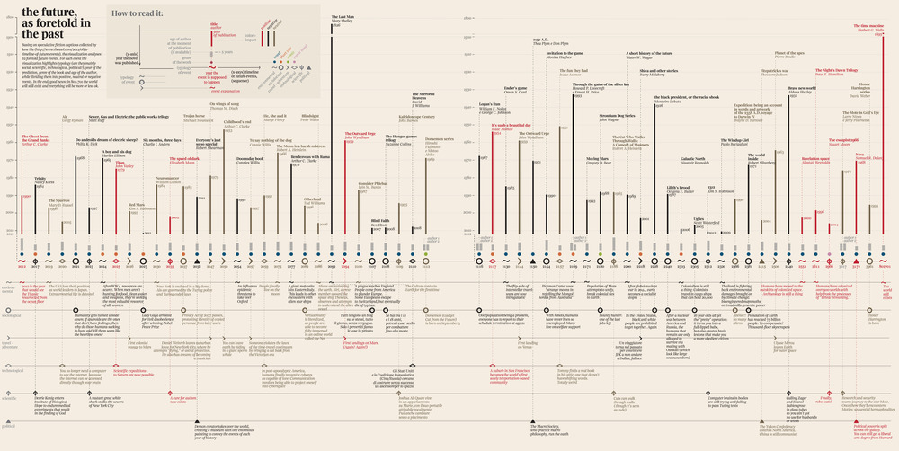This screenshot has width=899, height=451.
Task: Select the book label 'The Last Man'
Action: (343, 16)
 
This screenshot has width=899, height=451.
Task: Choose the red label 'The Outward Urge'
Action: (360, 133)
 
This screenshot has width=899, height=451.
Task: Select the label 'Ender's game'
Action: (515, 88)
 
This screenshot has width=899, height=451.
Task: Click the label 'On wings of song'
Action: (223, 103)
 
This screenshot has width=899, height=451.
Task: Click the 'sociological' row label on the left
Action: (11, 316)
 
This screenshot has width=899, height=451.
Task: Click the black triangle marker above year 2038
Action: (197, 422)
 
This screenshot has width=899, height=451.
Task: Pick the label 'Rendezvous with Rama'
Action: (310, 157)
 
